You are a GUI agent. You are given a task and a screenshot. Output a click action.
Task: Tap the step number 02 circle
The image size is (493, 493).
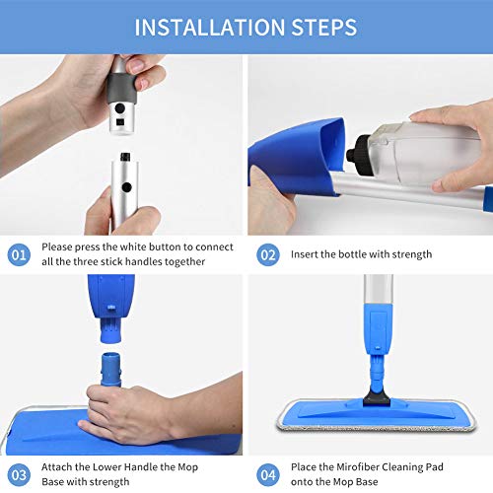coord(267,253)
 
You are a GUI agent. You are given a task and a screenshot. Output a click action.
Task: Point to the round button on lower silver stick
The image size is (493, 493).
coord(125,186)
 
